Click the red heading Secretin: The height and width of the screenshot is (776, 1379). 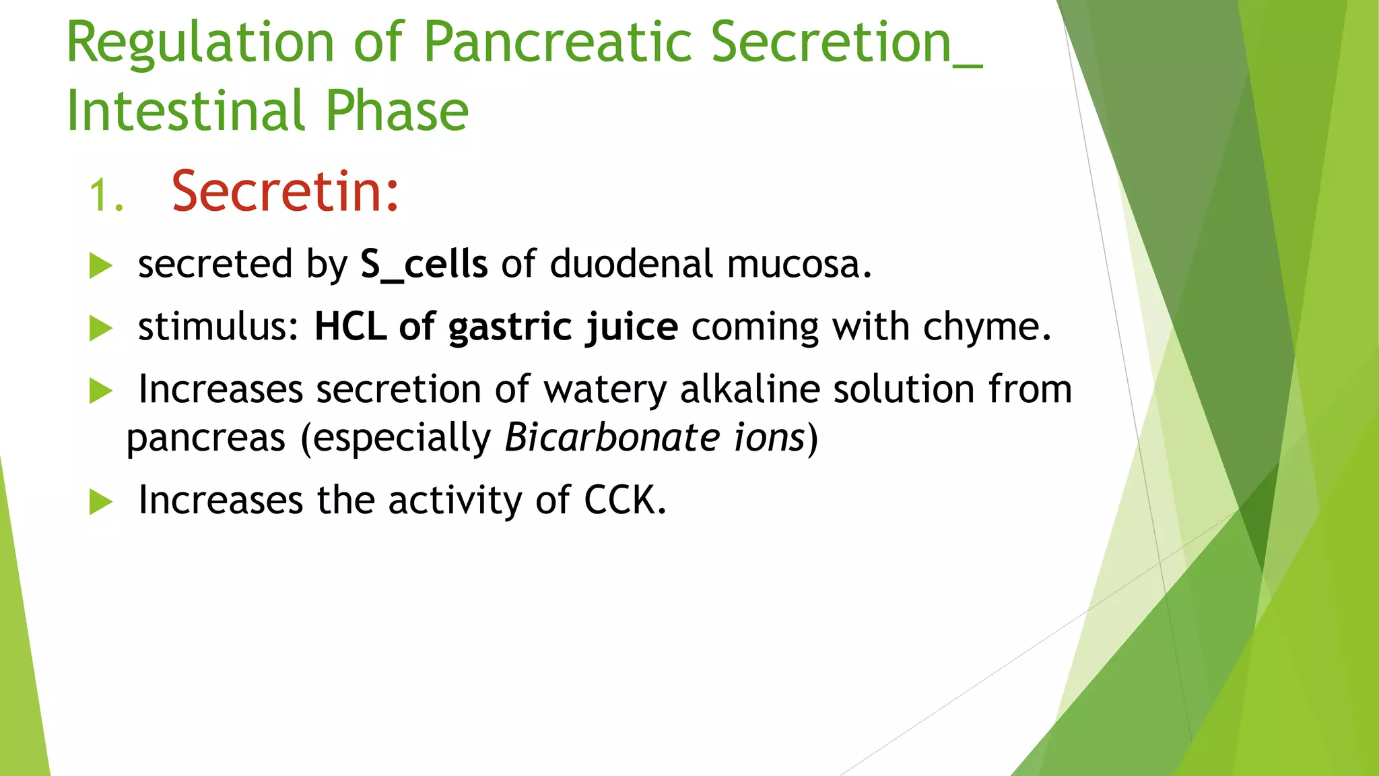(x=285, y=192)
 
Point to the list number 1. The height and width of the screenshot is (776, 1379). (x=106, y=197)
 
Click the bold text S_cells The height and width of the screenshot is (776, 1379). (x=424, y=263)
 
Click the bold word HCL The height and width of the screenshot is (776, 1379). (x=350, y=327)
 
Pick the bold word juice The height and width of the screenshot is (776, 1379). (x=631, y=328)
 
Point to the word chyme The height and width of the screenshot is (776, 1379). (x=986, y=327)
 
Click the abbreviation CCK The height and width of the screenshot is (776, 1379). (x=624, y=500)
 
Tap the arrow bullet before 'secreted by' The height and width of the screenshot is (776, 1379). (x=100, y=266)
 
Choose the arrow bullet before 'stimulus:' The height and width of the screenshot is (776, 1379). (x=100, y=329)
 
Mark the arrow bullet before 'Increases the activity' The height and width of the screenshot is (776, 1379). (x=100, y=502)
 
